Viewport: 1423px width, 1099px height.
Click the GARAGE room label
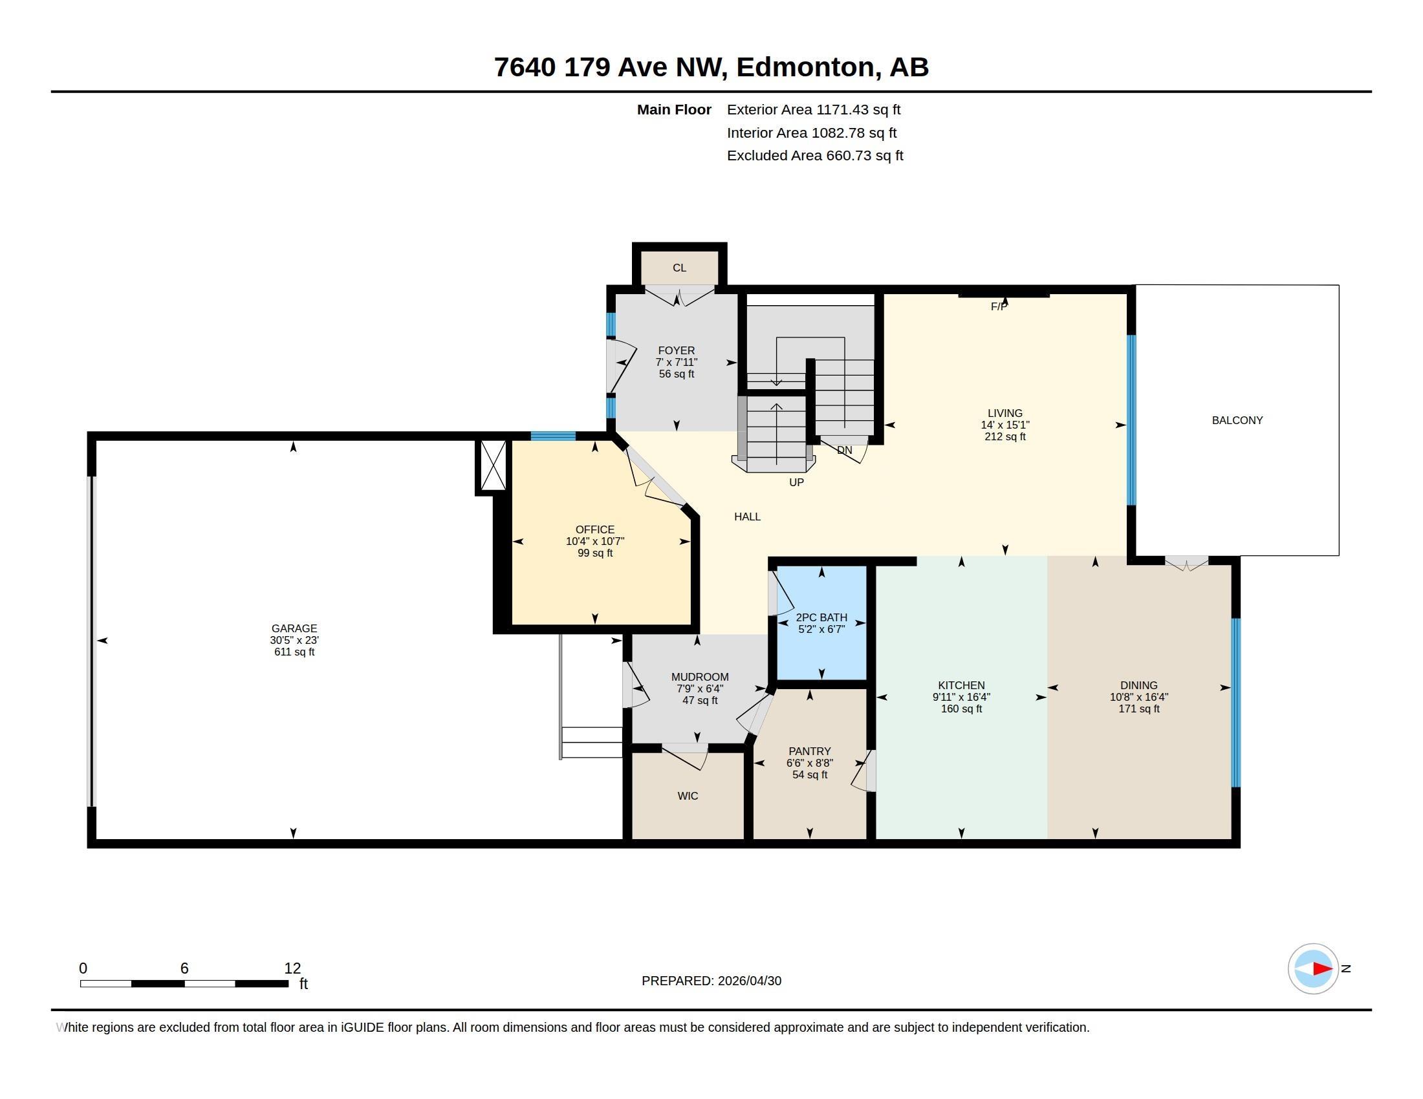point(294,628)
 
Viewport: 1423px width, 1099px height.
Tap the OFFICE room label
point(595,529)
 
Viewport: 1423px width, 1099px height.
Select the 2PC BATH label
point(821,617)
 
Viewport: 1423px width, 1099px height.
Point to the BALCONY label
point(1237,421)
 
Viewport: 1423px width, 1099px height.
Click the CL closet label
point(680,268)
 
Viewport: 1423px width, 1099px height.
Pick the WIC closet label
point(688,796)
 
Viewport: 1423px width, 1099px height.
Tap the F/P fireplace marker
point(999,306)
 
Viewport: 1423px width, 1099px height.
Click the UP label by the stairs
point(796,482)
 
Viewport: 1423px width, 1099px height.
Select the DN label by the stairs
point(844,450)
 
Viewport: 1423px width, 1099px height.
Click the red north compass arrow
point(1323,969)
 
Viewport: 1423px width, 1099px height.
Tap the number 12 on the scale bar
point(292,968)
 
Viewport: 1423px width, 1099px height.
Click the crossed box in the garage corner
point(494,465)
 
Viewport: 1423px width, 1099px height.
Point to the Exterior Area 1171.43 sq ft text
point(814,110)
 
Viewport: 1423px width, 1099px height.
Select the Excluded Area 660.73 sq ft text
point(815,156)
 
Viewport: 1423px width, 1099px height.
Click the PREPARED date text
point(711,981)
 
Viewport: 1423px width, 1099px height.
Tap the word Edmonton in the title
point(805,67)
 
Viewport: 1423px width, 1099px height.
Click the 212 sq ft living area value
point(1005,437)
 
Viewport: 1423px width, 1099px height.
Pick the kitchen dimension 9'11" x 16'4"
point(961,698)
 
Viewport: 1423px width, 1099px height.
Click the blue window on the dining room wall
point(1235,703)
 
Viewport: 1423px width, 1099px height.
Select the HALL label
point(747,517)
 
